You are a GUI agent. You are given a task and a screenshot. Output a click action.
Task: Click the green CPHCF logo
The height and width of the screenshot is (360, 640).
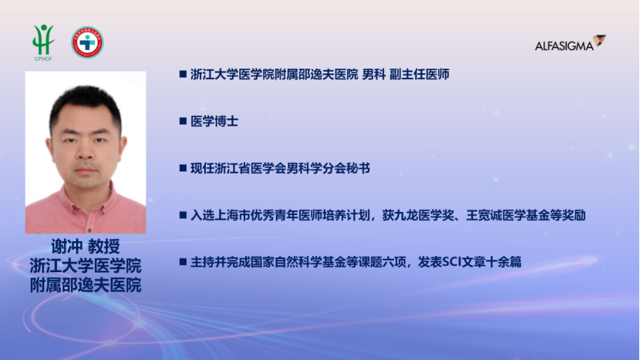point(43,42)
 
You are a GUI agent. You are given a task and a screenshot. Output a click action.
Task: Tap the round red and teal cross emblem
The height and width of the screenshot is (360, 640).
point(87,42)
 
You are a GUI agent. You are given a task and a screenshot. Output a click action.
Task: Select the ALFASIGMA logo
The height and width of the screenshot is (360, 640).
point(570,43)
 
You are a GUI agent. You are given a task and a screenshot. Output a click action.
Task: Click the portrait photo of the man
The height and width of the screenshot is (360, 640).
point(86,152)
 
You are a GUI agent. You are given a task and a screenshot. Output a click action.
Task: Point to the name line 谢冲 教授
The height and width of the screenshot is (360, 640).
point(86,246)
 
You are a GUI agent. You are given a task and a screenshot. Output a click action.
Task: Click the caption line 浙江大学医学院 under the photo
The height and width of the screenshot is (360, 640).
point(86,266)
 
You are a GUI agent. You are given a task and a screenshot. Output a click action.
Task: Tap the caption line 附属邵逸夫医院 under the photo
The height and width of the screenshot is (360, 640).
point(86,285)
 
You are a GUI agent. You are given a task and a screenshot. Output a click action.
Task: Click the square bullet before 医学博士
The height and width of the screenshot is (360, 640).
point(183,121)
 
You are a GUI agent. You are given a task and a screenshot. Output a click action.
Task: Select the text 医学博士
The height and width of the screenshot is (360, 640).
point(214,121)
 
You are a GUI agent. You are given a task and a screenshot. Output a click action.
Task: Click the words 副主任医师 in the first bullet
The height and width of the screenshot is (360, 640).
point(419,74)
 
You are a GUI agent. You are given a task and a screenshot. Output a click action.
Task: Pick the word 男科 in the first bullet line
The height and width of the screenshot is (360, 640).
point(374,74)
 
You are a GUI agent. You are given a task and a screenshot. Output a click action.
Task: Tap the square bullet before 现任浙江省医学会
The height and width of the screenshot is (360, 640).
point(183,168)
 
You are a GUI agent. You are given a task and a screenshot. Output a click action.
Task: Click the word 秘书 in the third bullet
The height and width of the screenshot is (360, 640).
point(358,168)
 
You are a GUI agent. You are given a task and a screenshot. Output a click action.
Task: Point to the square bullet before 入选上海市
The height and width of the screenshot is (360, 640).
point(183,215)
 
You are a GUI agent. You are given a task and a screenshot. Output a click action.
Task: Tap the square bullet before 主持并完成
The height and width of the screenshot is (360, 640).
point(183,261)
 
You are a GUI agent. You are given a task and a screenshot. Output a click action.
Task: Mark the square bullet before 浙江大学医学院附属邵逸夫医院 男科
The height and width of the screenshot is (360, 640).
point(183,74)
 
